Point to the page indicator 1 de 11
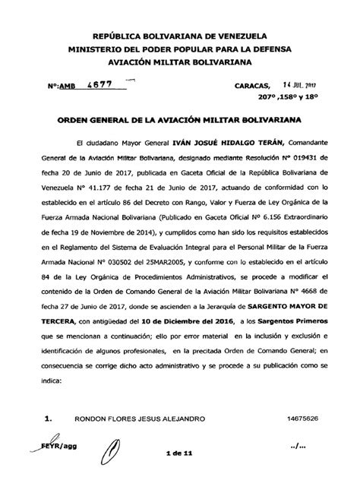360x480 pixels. (180, 456)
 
